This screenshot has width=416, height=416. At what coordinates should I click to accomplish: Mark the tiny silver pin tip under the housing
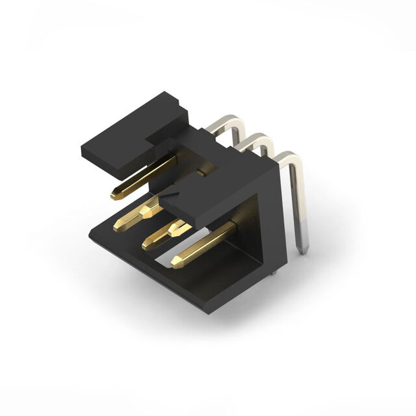click(274, 270)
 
